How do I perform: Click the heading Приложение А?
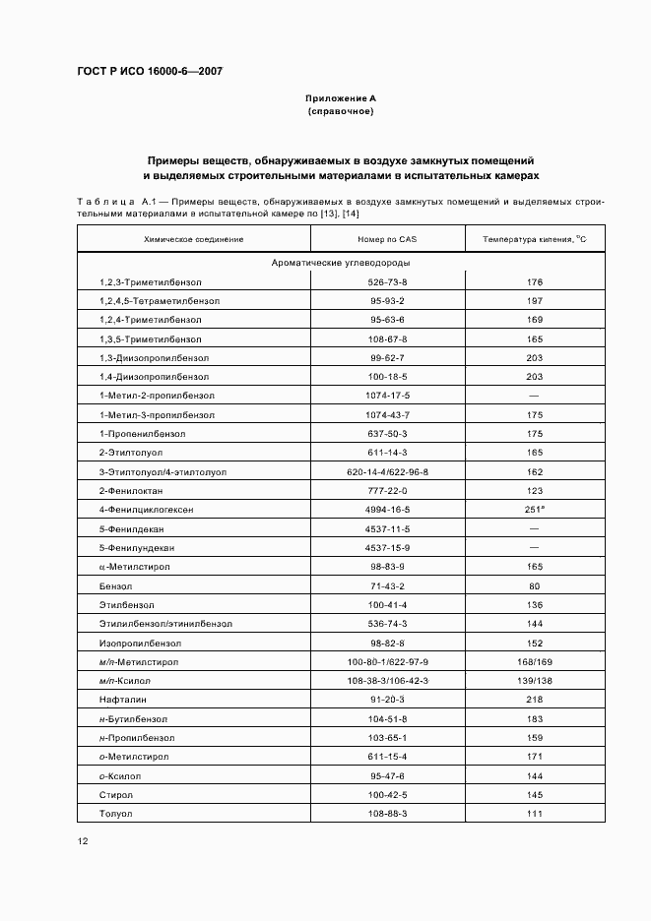tap(341, 98)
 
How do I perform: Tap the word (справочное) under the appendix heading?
tap(341, 112)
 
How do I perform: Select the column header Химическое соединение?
tap(193, 239)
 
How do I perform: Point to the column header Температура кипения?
tap(535, 239)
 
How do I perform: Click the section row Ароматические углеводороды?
tap(341, 264)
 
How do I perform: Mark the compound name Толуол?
tap(115, 814)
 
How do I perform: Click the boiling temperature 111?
tap(535, 814)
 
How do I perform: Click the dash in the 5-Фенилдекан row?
tap(535, 528)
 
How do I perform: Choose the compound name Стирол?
tap(115, 795)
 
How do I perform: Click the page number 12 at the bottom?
tap(83, 841)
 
